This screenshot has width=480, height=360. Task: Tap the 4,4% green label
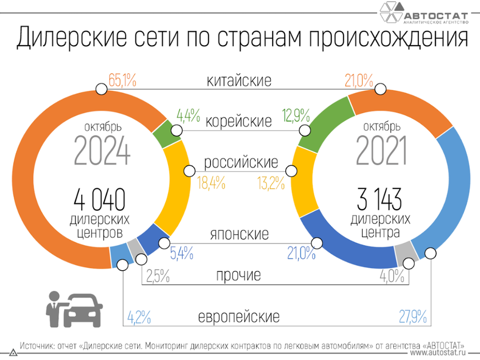coord(188,116)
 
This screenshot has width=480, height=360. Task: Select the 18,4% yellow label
coord(211,182)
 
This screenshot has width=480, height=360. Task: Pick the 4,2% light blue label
coord(139,316)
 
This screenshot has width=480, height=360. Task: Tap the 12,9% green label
coord(296,116)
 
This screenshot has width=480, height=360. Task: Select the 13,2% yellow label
coord(271,182)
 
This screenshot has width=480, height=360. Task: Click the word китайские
coord(239,81)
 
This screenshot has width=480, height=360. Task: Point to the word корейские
coord(238,121)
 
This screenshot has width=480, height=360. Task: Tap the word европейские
coord(238,316)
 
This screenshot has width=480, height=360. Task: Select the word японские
coord(238,234)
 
